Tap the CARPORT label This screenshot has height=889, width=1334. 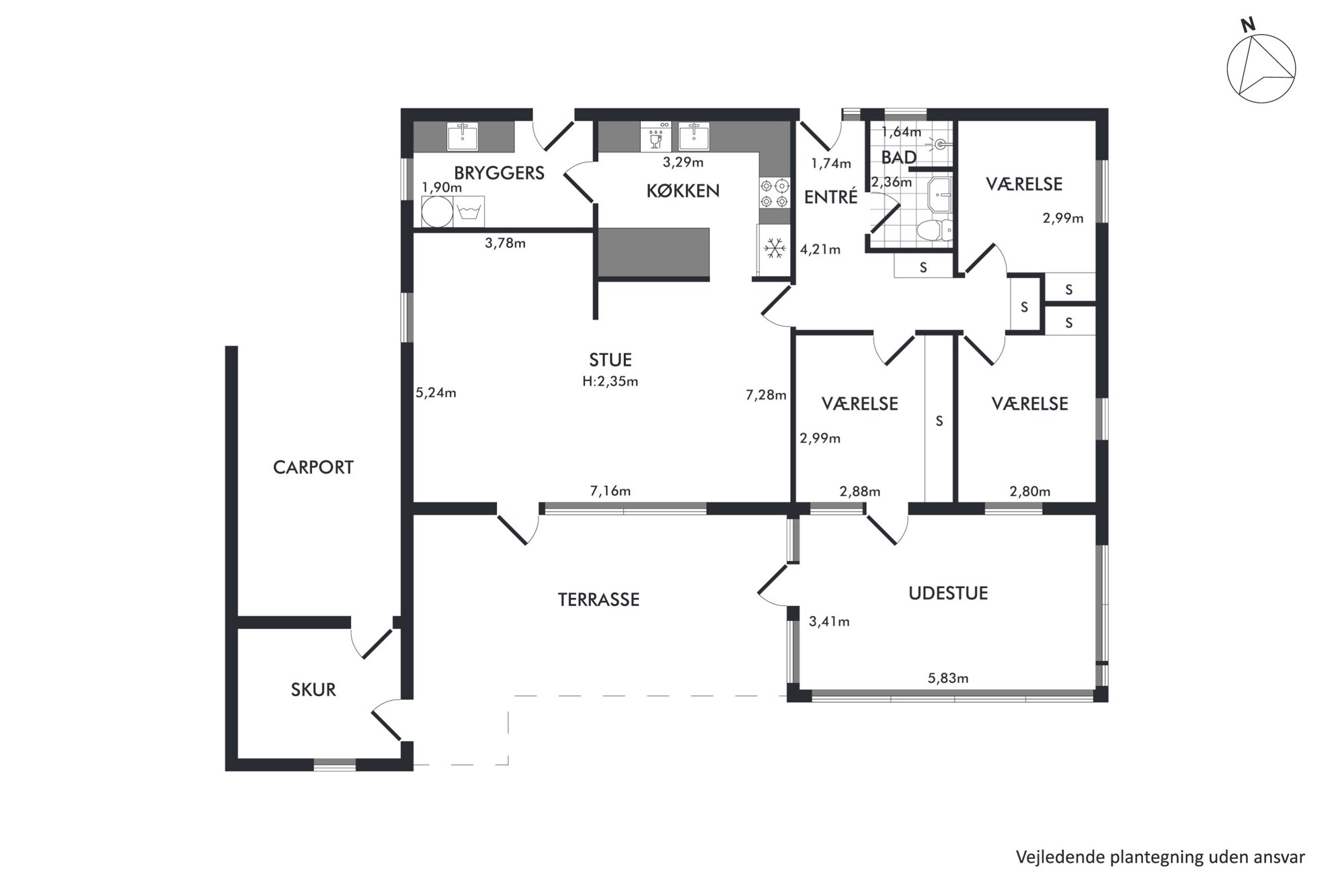(313, 467)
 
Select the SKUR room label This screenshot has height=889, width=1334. (313, 689)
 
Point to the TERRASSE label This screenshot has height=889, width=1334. (598, 599)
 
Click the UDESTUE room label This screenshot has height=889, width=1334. (948, 593)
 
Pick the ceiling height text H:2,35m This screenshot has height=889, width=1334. (611, 382)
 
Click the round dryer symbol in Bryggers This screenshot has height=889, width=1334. (437, 212)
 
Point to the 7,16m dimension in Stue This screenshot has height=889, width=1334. (611, 491)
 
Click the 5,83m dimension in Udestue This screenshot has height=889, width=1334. (948, 679)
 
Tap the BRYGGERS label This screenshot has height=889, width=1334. (499, 173)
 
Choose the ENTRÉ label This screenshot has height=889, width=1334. (831, 197)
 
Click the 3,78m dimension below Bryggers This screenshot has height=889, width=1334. (505, 243)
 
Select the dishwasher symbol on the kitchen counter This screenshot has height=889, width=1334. (652, 137)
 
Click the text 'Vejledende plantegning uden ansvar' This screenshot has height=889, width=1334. (1161, 857)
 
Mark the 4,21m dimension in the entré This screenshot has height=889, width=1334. (820, 250)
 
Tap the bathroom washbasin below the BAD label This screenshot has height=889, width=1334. (940, 194)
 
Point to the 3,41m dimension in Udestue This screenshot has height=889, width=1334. (829, 622)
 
